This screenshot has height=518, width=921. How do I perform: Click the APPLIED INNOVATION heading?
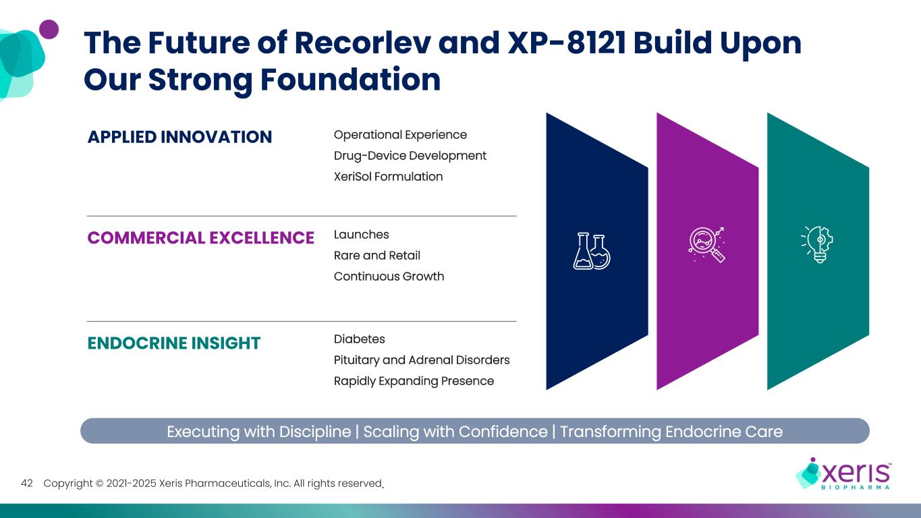(179, 137)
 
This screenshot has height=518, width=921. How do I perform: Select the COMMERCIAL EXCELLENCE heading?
(201, 237)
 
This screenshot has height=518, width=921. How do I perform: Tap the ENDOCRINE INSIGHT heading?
(174, 343)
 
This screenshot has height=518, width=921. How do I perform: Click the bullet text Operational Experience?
(400, 135)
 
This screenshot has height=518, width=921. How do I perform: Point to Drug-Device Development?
(410, 156)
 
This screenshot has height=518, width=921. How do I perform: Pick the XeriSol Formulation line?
(388, 177)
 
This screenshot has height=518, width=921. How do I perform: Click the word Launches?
(362, 235)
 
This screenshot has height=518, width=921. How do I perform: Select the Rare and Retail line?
(377, 256)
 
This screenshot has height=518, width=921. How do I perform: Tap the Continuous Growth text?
(389, 277)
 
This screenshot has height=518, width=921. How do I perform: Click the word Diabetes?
(360, 339)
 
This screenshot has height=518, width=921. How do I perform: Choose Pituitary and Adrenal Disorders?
(422, 360)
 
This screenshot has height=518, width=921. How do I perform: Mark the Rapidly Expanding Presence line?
(414, 381)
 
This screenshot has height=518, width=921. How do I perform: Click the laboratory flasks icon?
(592, 251)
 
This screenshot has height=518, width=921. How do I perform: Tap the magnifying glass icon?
(706, 244)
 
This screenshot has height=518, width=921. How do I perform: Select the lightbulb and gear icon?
(817, 243)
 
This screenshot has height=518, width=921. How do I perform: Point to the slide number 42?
(28, 483)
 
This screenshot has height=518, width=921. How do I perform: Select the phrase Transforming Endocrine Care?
(671, 432)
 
